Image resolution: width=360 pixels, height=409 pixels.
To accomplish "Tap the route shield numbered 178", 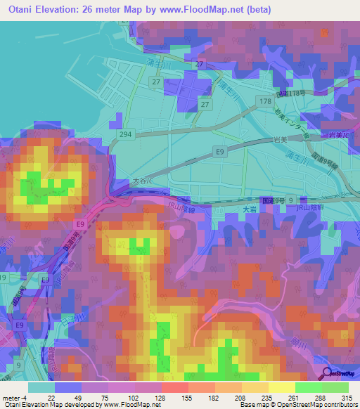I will click(x=265, y=102).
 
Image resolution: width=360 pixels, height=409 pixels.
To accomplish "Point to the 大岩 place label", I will click(x=241, y=209).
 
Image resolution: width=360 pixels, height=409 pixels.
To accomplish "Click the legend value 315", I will click(x=346, y=397).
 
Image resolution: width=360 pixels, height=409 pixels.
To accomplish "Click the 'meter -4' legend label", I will click(x=13, y=397).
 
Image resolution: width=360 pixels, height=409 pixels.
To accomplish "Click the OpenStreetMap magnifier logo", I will click(x=326, y=373).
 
